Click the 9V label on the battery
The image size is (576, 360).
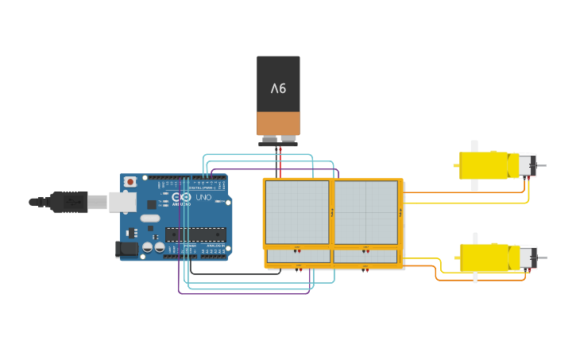[x=278, y=88]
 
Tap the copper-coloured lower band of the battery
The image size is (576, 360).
[x=278, y=123]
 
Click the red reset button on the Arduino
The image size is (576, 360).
[x=130, y=182]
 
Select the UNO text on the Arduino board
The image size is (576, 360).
[x=203, y=196]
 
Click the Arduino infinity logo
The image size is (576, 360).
[x=184, y=196]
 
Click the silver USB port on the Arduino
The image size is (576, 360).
[x=122, y=202]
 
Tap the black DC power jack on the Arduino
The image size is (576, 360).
[x=126, y=250]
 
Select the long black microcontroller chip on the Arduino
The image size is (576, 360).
[x=195, y=234]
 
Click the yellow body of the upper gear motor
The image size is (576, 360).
[x=485, y=165]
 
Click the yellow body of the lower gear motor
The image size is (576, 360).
[x=486, y=257]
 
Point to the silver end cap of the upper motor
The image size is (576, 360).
[x=527, y=166]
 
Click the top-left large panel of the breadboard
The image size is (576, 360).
[x=296, y=212]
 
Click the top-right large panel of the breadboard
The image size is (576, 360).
[x=365, y=212]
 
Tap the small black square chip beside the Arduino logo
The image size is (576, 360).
[x=151, y=204]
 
